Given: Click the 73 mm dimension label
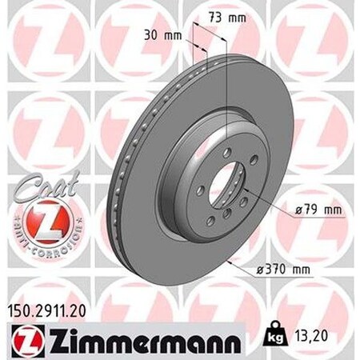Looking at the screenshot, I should coord(226,17).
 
